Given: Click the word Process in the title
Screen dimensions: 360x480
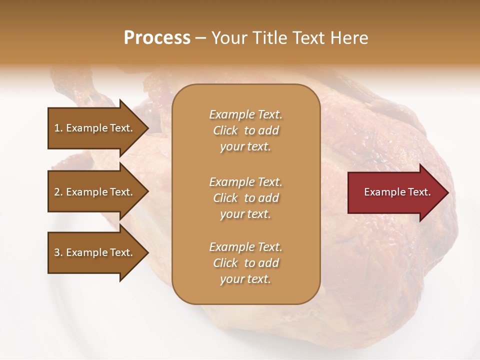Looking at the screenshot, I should (x=157, y=38).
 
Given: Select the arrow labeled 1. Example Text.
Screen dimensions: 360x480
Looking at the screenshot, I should (x=95, y=128).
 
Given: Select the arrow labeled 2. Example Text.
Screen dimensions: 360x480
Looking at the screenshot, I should (x=95, y=192).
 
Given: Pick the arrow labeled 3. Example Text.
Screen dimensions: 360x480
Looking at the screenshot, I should (x=95, y=252).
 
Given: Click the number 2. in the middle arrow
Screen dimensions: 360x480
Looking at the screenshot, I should (x=58, y=192).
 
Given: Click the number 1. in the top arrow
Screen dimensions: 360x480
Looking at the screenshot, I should (x=58, y=128).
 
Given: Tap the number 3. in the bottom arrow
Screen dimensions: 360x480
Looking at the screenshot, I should (x=58, y=252).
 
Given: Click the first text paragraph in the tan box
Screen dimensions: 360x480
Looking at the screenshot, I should (x=245, y=130).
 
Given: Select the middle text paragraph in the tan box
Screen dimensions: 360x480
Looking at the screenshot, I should (x=245, y=198).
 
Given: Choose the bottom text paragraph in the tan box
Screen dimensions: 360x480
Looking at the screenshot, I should (x=245, y=263).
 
